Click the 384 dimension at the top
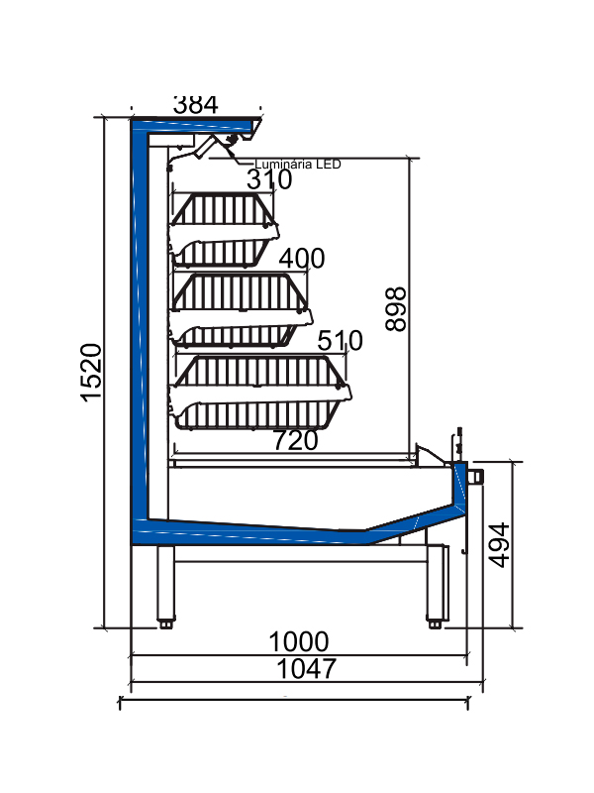195,104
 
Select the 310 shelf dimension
269,179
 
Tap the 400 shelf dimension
302,259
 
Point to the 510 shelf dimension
341,341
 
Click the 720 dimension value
294,440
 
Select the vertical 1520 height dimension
91,373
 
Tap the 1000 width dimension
299,641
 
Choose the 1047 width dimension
304,669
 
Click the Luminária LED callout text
297,165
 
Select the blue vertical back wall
140,327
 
